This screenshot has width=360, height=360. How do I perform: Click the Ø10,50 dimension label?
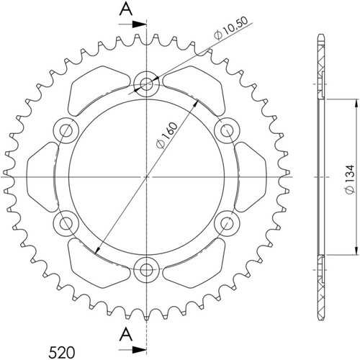pyautogui.click(x=230, y=29)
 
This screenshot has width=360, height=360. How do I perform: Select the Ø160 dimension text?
pyautogui.click(x=166, y=135)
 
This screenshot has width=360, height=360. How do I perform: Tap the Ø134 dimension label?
pyautogui.click(x=349, y=179)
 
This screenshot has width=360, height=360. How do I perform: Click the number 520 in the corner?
pyautogui.click(x=62, y=353)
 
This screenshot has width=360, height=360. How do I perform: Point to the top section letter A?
pyautogui.click(x=126, y=9)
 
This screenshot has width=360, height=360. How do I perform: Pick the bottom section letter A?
pyautogui.click(x=126, y=335)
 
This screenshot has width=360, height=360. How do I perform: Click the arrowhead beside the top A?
pyautogui.click(x=140, y=24)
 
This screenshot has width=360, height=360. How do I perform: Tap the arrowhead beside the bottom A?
pyautogui.click(x=140, y=350)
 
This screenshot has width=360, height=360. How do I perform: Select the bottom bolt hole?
pyautogui.click(x=146, y=270)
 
